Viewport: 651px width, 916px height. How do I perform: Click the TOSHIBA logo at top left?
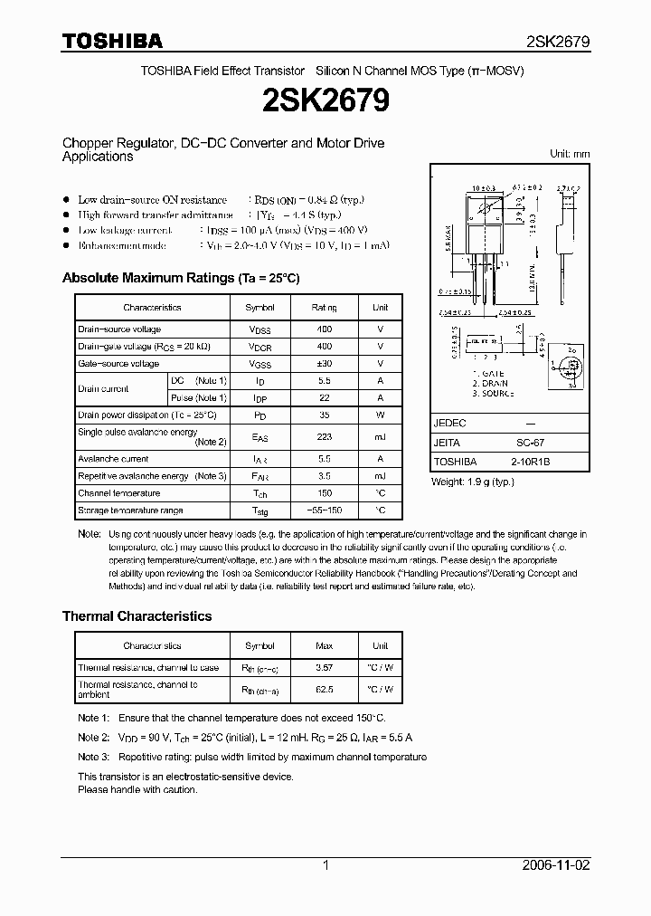point(112,41)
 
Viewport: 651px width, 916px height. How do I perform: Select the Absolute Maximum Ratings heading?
point(180,278)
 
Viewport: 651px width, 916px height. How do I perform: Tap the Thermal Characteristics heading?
point(137,615)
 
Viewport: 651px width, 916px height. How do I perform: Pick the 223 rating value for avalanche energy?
point(325,436)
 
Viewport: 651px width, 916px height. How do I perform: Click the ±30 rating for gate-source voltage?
point(325,364)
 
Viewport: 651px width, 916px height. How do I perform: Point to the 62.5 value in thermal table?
point(325,689)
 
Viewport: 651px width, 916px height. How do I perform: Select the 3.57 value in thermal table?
point(325,668)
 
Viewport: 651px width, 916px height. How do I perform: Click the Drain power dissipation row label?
point(147,415)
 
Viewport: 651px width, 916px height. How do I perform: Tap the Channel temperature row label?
point(118,493)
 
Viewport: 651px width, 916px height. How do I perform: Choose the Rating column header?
point(325,308)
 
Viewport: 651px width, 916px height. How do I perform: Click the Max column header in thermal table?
point(325,645)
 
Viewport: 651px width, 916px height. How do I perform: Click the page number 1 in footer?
point(325,865)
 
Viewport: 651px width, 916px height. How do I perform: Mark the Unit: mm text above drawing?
point(570,154)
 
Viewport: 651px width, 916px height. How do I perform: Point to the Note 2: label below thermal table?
point(93,738)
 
